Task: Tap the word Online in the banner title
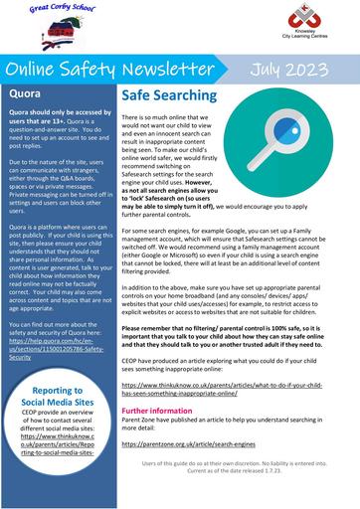click(40, 70)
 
